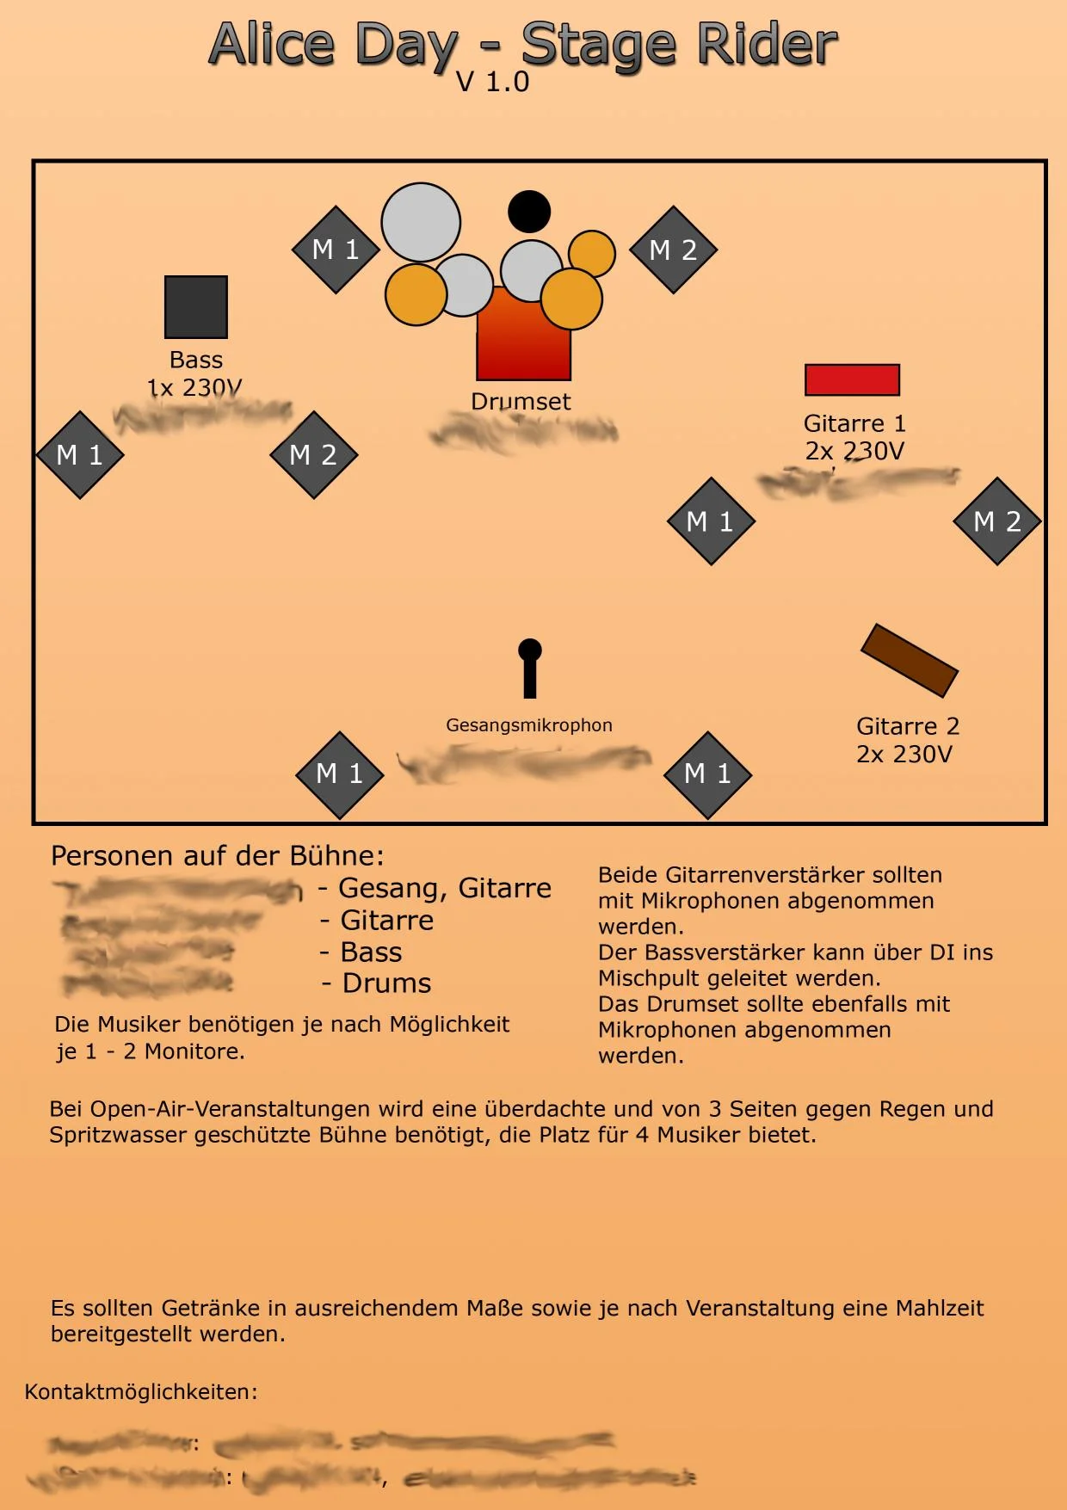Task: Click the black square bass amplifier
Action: [196, 307]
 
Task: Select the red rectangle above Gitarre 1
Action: [852, 379]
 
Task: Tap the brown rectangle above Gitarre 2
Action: [910, 660]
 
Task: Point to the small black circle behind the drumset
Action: [529, 212]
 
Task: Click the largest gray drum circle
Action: [421, 222]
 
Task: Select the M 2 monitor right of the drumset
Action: [673, 250]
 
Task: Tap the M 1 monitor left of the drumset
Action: [336, 250]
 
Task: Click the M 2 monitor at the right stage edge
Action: [996, 521]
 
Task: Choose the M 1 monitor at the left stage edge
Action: [80, 454]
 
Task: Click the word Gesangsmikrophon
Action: [529, 725]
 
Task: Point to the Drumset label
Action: [521, 401]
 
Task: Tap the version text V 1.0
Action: [492, 83]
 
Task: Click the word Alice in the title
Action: [271, 45]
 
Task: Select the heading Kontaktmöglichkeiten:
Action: [141, 1391]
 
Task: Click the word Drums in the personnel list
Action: [386, 983]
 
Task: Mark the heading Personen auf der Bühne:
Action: [217, 855]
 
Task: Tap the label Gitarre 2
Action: [908, 726]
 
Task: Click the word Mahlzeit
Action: [940, 1308]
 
